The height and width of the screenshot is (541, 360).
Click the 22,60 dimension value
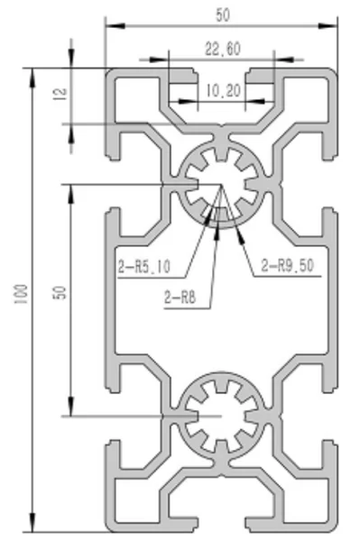coord(223,49)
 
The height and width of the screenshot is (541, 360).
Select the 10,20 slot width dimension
coord(224,91)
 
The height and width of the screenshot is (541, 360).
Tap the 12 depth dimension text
coord(60,94)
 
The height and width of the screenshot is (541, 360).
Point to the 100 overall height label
coord(21,294)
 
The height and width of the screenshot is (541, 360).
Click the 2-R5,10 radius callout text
coord(144,266)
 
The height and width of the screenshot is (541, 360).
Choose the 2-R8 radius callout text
coord(180,297)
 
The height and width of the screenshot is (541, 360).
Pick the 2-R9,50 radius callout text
coord(287,265)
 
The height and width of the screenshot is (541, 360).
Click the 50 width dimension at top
coord(223,15)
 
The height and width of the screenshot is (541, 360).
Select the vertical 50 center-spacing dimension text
coord(60,292)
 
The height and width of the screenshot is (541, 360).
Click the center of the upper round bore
coord(221,185)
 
